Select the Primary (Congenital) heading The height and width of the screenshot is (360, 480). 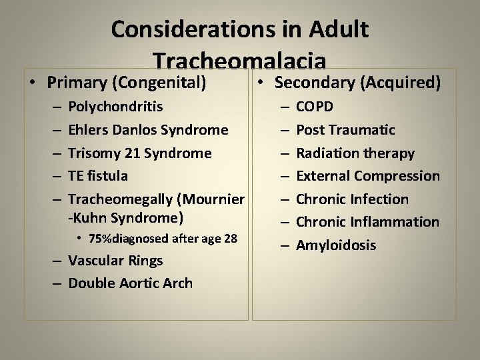125,83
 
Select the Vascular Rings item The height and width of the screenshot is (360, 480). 115,261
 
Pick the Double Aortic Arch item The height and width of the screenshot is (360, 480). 130,283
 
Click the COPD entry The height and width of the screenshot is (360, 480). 315,107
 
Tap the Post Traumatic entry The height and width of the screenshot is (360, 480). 345,130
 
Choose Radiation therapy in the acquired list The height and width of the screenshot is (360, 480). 355,153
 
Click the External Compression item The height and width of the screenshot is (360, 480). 367,176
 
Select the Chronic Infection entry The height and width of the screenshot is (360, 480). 352,199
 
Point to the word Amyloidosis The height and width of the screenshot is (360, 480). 335,245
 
